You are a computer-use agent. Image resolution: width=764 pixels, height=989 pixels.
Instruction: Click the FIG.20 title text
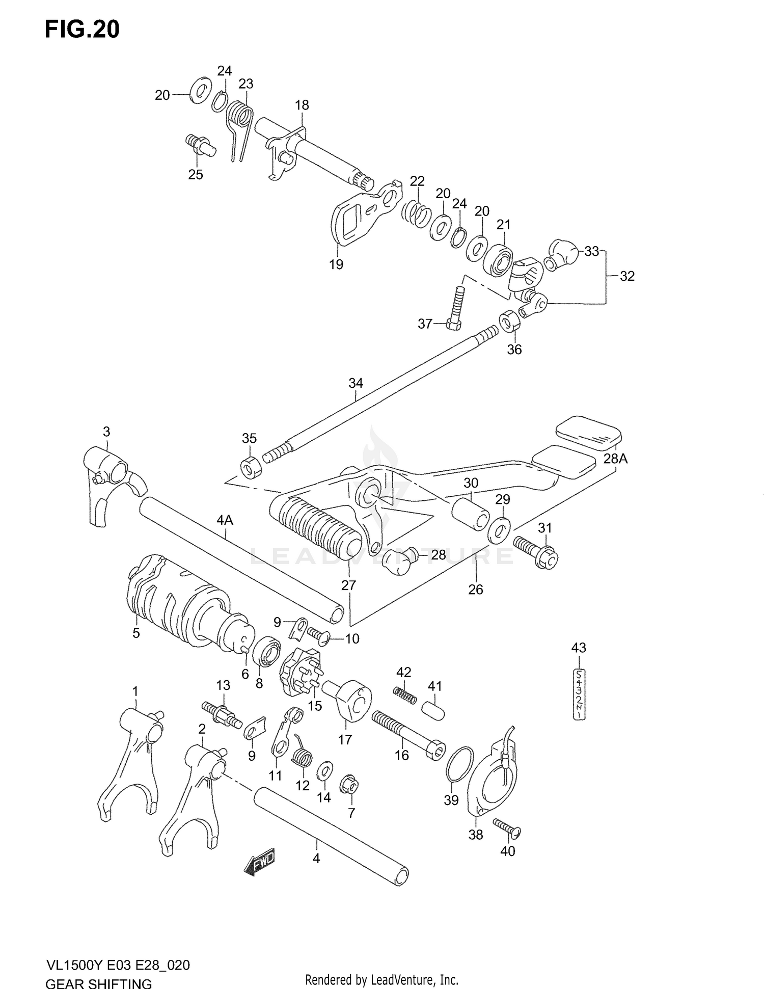82,30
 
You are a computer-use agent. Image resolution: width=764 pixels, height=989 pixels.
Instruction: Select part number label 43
579,648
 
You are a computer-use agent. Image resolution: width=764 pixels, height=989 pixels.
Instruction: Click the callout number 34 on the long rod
356,383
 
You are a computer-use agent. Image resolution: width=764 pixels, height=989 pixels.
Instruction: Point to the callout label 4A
225,520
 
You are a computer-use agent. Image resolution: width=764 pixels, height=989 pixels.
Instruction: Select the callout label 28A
615,459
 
